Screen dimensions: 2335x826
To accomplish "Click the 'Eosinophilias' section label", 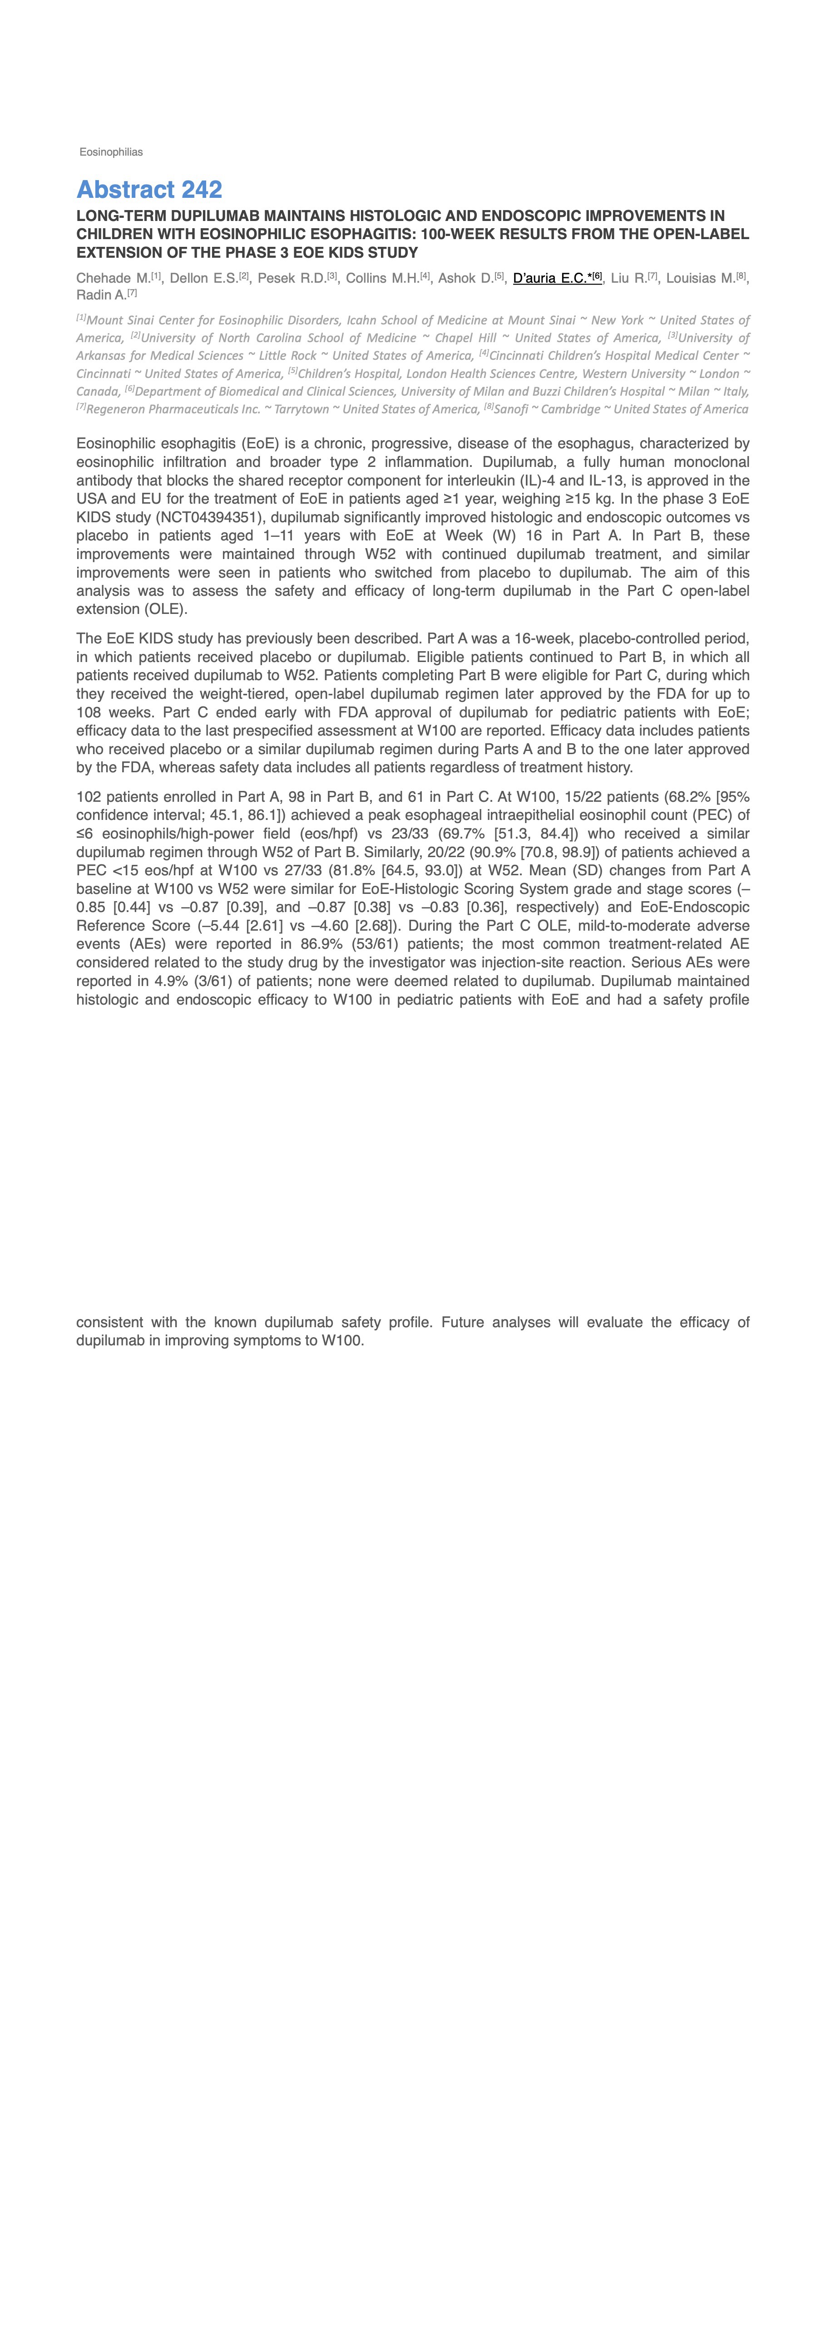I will [x=111, y=152].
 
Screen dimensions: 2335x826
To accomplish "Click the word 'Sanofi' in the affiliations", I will [x=510, y=410].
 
